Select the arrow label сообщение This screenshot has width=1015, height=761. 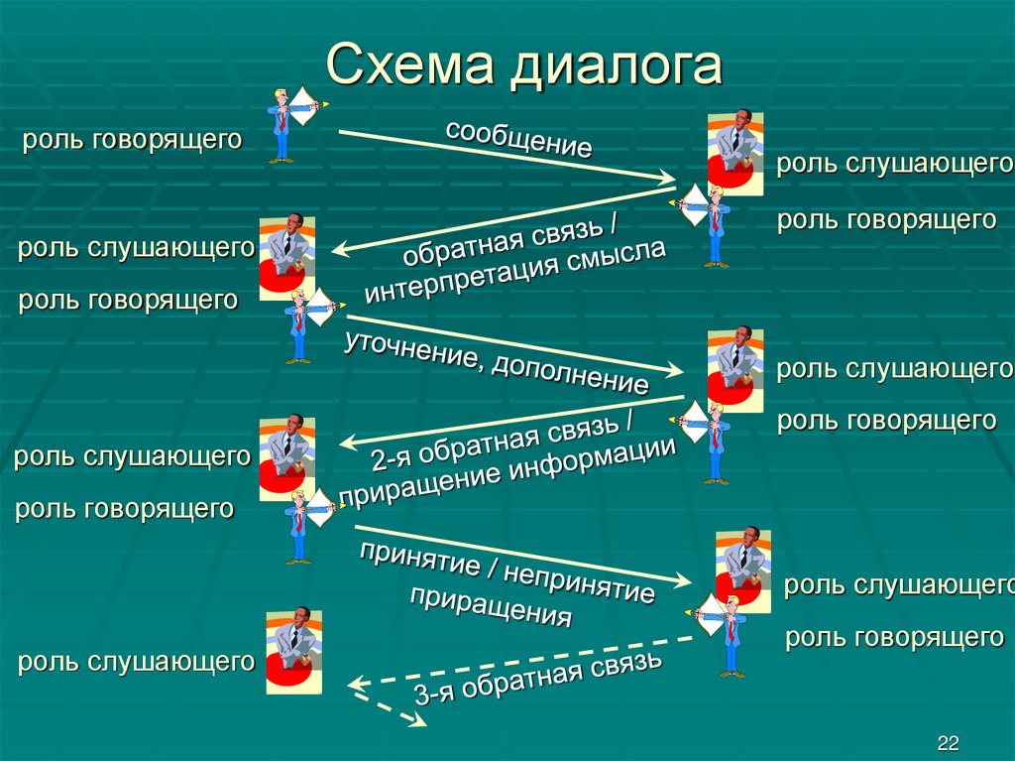(518, 138)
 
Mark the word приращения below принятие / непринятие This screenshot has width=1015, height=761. (491, 606)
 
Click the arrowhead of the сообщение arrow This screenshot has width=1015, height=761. (666, 180)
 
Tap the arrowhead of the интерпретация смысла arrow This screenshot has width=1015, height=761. (336, 253)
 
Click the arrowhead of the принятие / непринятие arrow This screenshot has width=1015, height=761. (686, 583)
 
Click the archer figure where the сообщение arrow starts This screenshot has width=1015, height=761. (289, 123)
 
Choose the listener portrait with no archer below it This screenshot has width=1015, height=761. (293, 651)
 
